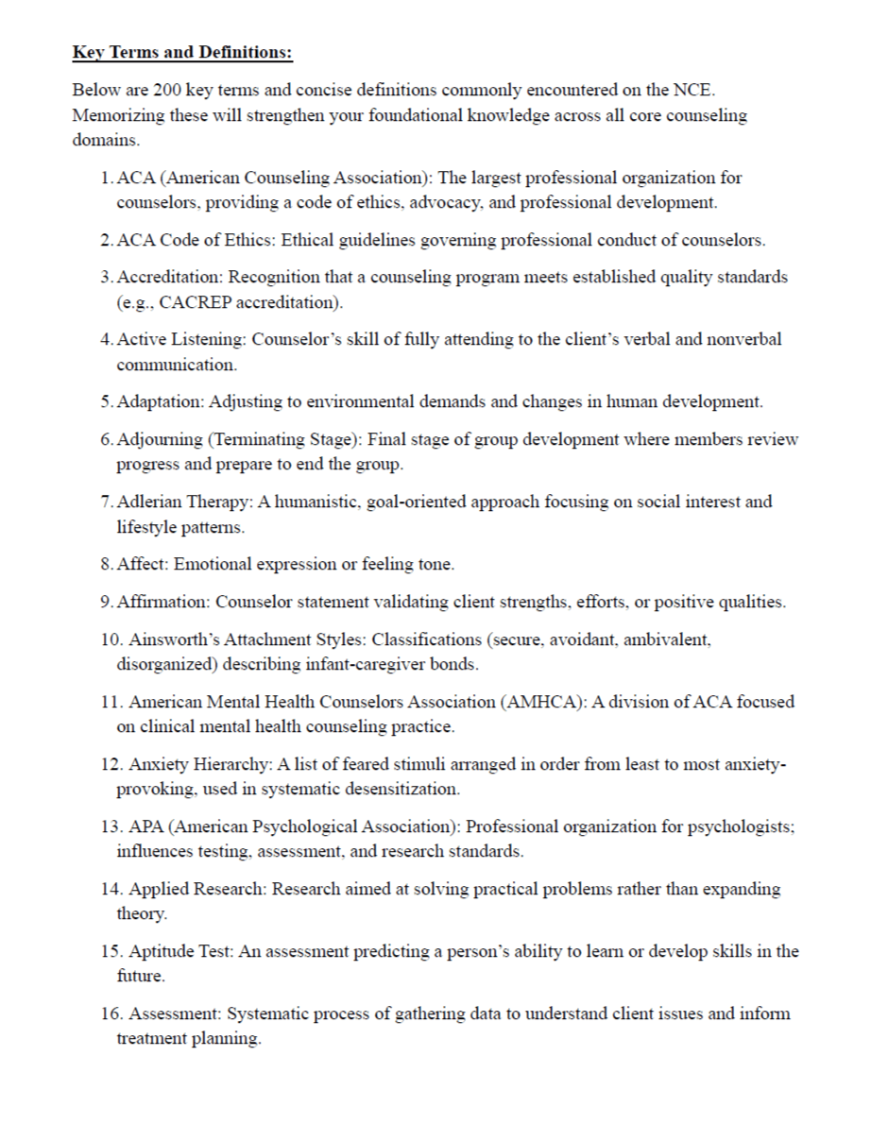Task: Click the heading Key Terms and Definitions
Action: click(182, 53)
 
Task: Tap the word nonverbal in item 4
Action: click(745, 339)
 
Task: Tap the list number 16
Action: click(109, 1013)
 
